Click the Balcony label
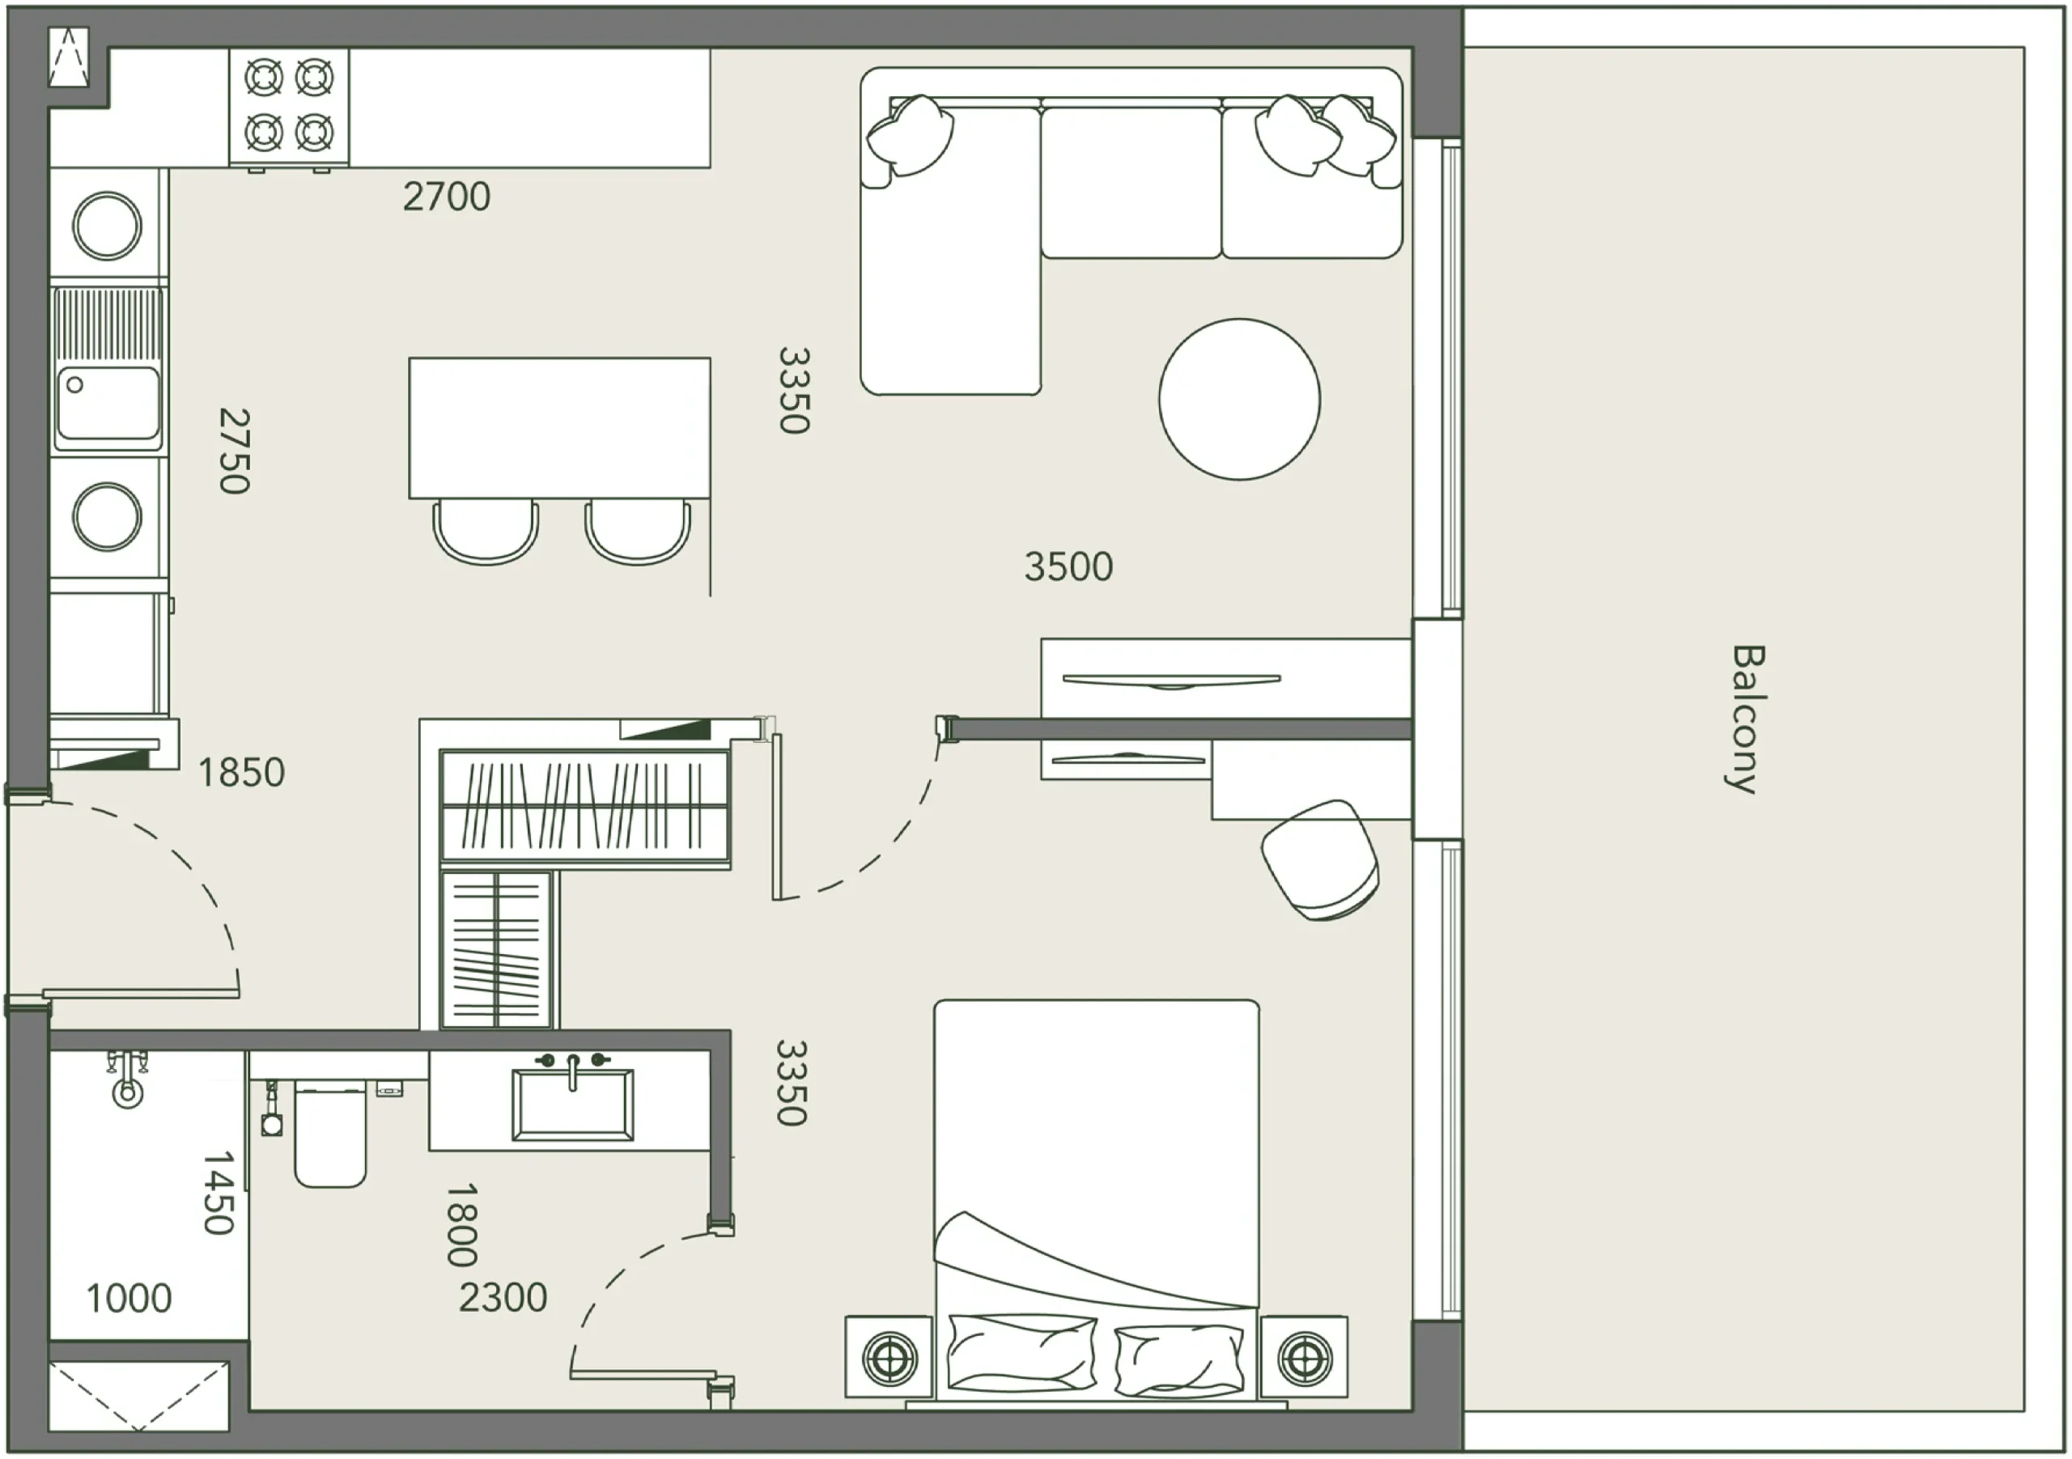[1746, 719]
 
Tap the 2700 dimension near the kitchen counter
[447, 197]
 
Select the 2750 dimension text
[235, 452]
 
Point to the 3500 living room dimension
[1068, 566]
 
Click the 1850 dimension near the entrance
[241, 772]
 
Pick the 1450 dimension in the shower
[219, 1192]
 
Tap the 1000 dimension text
[129, 1299]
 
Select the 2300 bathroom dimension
[503, 1297]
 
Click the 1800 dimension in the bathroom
[461, 1225]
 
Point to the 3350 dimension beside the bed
[792, 1083]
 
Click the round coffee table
[1239, 399]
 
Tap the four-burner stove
[289, 108]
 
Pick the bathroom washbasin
[572, 1104]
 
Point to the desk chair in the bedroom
[1319, 860]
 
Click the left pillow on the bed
[1022, 1351]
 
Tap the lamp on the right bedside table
[1304, 1356]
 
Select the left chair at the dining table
[486, 532]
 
